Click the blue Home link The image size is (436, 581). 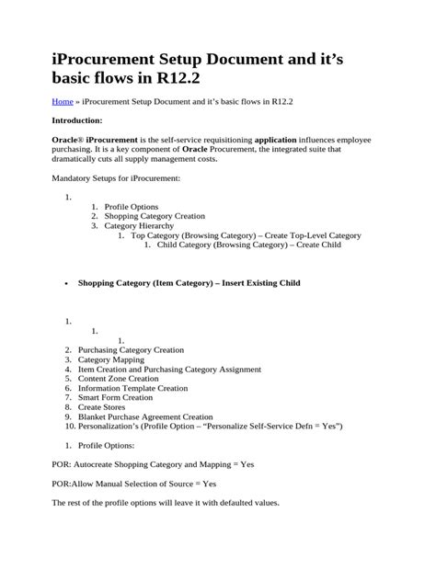[x=62, y=102]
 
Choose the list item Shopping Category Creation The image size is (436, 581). [x=155, y=216]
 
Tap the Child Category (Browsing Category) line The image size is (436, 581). [x=248, y=245]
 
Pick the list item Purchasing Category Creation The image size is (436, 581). [x=131, y=350]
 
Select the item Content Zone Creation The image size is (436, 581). [x=118, y=379]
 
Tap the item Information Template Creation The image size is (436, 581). [x=132, y=388]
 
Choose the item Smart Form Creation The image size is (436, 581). [x=115, y=398]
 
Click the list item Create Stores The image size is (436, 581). [x=101, y=407]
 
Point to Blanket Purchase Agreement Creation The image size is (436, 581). [x=144, y=416]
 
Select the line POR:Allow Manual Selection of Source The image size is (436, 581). [x=134, y=484]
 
